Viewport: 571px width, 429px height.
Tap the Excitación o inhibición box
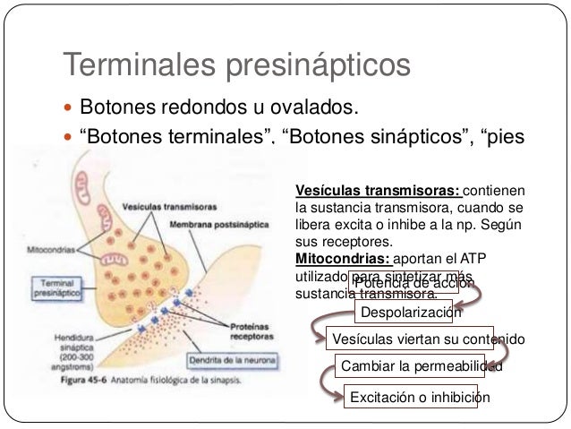(419, 396)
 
